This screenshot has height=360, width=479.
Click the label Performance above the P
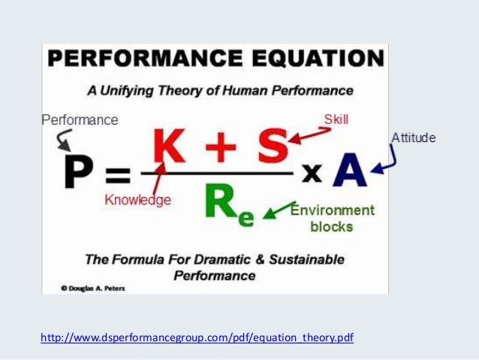(80, 119)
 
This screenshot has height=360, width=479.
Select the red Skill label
(336, 119)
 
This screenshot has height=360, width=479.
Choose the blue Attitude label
(413, 138)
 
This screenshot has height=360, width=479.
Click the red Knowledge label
(137, 200)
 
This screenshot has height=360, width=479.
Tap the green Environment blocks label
(331, 218)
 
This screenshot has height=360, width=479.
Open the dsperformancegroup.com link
(197, 337)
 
